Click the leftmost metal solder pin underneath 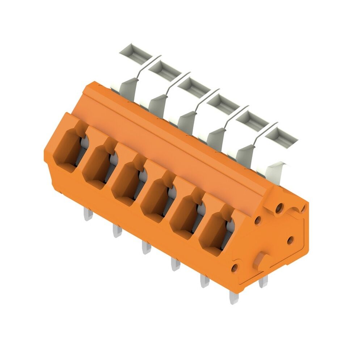pos(88,214)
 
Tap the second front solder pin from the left pos(117,230)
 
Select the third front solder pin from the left pos(146,247)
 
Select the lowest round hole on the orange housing pos(234,268)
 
